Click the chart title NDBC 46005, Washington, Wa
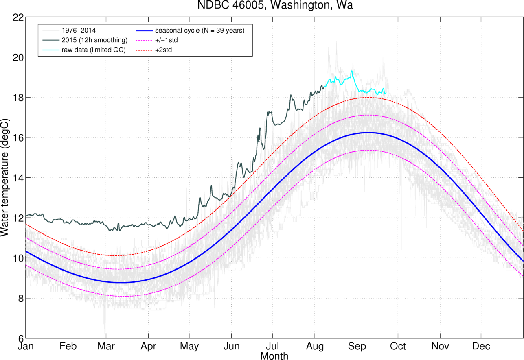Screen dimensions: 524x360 click(275, 5)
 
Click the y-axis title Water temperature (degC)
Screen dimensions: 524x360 click(4, 178)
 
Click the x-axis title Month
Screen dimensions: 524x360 click(274, 356)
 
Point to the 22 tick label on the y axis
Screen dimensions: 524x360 click(18, 17)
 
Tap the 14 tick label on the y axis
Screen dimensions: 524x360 click(18, 178)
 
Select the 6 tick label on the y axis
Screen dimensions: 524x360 click(21, 338)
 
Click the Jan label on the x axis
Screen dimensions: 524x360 click(26, 346)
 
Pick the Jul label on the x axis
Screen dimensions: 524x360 click(272, 346)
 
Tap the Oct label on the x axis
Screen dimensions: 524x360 click(398, 346)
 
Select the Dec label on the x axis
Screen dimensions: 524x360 click(481, 346)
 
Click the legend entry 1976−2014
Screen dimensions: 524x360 click(79, 31)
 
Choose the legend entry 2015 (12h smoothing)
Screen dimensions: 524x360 click(94, 40)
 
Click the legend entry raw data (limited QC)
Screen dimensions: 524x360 click(94, 50)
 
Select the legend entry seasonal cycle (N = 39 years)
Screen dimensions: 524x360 click(200, 31)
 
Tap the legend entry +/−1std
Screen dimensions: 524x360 click(167, 40)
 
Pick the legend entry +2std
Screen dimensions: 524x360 click(164, 50)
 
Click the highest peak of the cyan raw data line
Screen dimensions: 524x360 click(352, 71)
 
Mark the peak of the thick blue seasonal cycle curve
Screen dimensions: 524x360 click(368, 133)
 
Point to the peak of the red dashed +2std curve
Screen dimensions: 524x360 click(368, 98)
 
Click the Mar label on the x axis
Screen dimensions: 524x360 click(106, 346)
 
